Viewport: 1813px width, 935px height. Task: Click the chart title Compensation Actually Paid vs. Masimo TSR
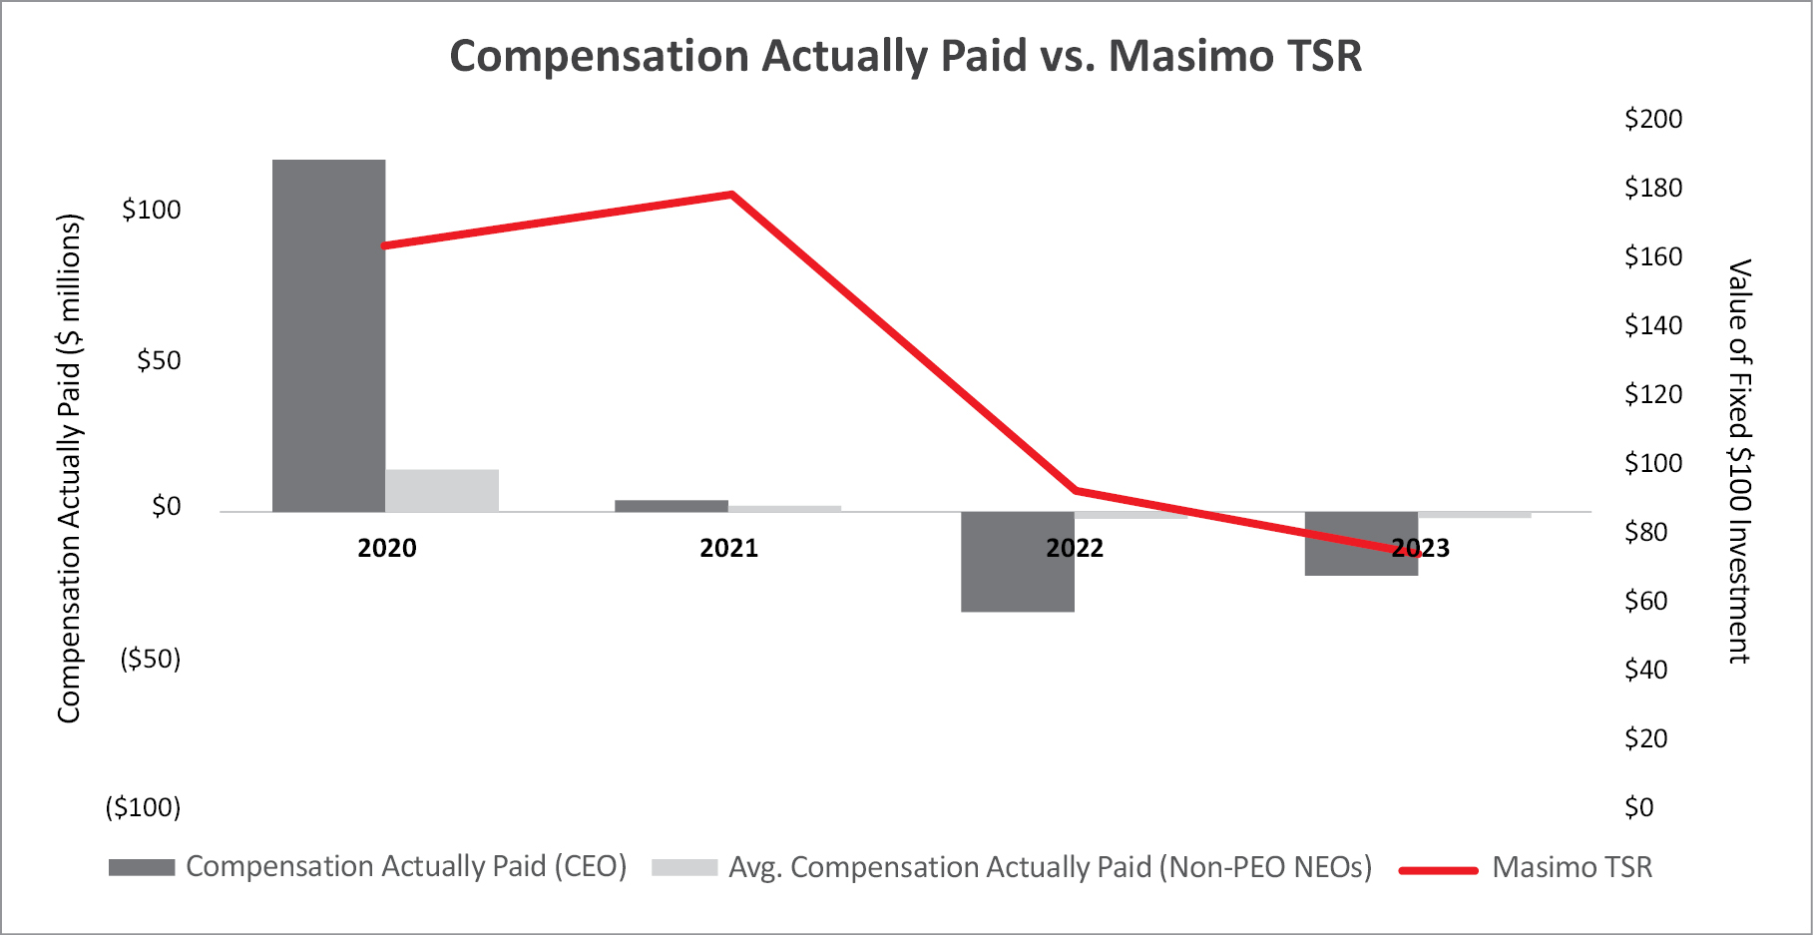906,56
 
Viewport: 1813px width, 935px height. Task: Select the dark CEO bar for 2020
329,336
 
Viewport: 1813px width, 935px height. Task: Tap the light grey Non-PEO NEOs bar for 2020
442,491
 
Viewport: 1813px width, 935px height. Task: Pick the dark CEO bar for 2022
1018,562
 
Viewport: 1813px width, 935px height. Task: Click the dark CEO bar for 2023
1361,544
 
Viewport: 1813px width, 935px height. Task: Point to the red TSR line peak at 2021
731,194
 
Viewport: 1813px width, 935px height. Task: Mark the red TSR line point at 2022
1076,490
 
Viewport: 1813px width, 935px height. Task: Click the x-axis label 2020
387,548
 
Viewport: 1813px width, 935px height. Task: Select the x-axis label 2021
729,548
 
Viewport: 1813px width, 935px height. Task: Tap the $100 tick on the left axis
152,210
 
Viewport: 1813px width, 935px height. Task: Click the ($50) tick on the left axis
151,659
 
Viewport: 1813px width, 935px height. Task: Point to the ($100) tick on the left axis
144,807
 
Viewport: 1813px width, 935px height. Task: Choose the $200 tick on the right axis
1653,119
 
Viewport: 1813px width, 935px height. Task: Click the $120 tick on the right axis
1653,394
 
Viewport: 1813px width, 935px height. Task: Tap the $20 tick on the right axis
1646,738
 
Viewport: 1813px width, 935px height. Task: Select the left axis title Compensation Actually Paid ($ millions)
69,468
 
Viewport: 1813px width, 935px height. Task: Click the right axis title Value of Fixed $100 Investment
1740,461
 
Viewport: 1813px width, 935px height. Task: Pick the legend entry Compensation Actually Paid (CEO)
368,867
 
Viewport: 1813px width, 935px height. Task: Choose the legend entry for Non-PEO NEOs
1012,867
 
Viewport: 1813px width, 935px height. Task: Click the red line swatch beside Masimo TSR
1438,870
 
